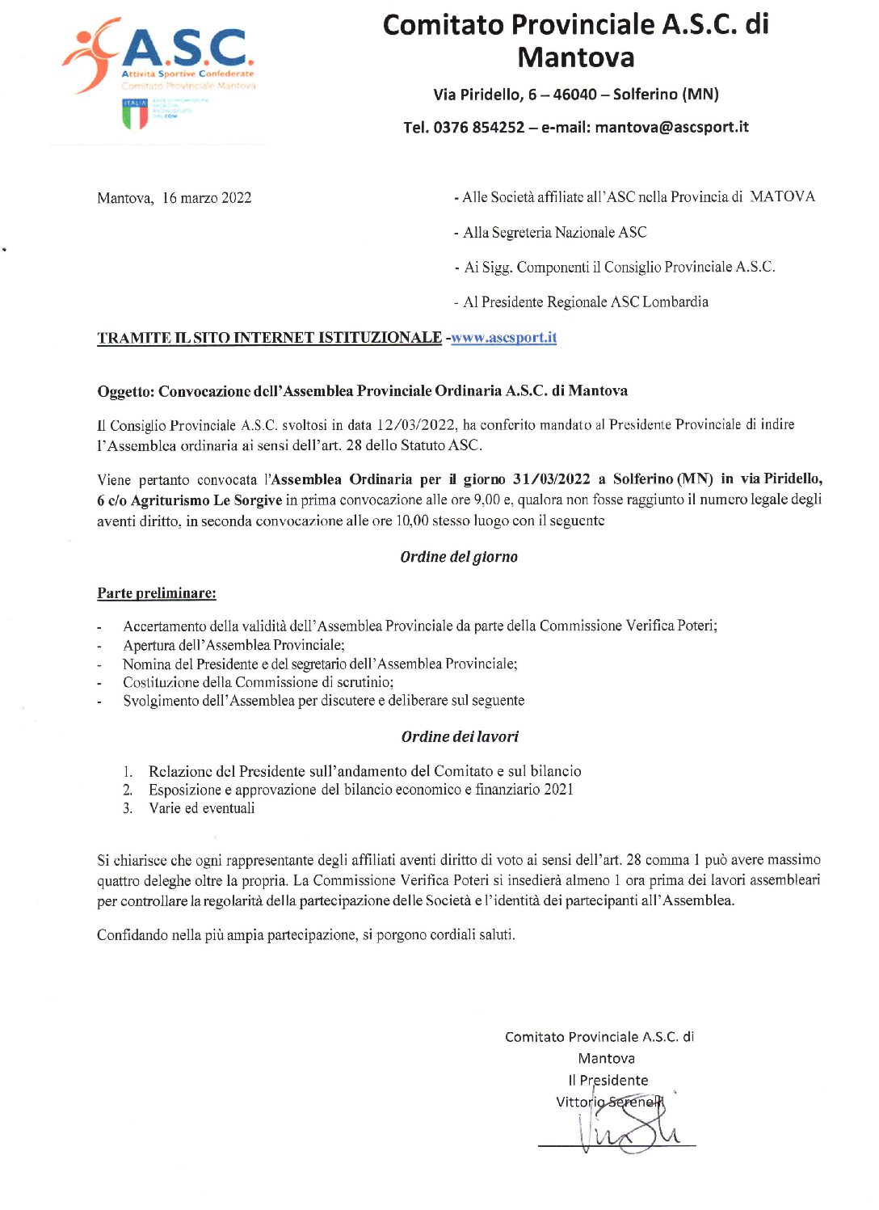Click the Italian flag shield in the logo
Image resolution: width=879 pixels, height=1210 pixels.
point(135,114)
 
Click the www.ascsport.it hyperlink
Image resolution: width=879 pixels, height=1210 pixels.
point(503,337)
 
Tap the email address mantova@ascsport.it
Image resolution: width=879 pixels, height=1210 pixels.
point(671,127)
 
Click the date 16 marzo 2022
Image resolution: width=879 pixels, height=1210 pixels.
point(207,198)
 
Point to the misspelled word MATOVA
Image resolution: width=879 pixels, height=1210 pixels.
point(782,196)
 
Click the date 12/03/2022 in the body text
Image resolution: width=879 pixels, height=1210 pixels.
point(416,424)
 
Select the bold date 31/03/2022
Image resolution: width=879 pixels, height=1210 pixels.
point(551,479)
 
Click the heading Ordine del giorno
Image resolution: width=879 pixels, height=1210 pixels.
point(459,557)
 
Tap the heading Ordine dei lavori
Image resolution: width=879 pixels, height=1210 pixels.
point(460,736)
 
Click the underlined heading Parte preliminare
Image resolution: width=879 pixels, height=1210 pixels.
point(157,593)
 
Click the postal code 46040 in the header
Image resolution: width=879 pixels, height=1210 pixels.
point(575,95)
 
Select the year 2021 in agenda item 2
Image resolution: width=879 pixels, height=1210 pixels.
point(559,790)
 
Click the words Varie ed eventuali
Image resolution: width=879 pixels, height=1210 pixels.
point(202,808)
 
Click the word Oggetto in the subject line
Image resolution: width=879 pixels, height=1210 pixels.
point(125,391)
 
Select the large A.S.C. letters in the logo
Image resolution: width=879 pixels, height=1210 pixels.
point(187,50)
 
